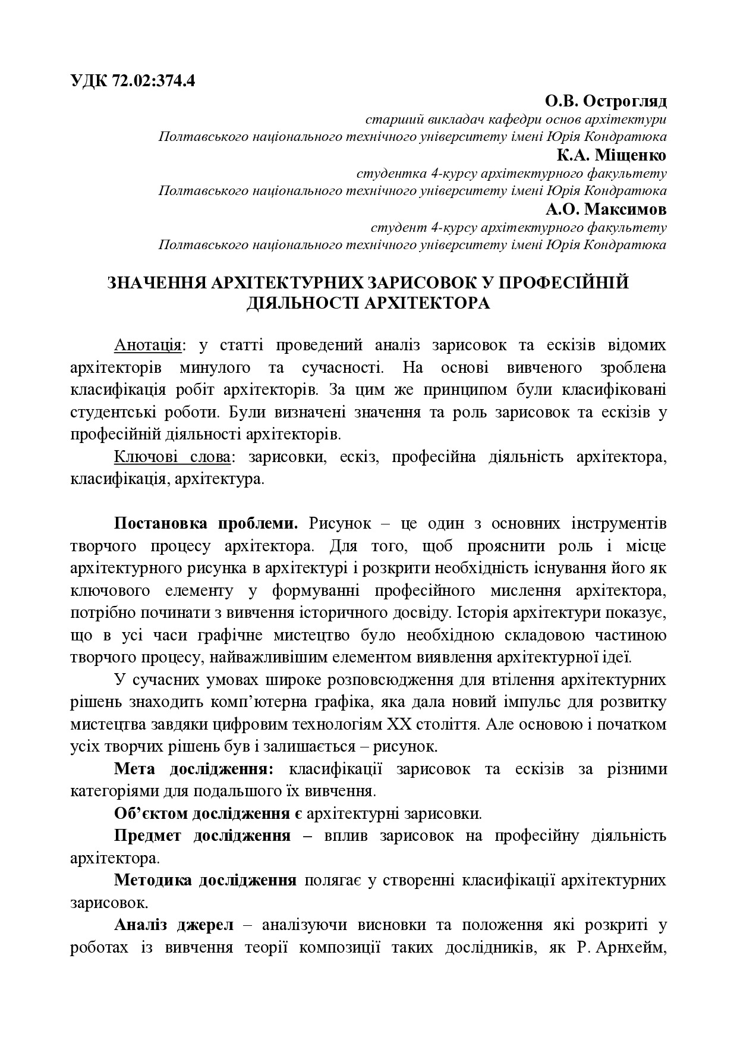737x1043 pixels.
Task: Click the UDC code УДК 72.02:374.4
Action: [x=133, y=81]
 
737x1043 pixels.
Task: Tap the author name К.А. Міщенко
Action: [x=612, y=155]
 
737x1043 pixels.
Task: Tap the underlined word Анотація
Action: [x=147, y=345]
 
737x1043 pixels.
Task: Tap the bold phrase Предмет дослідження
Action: [x=202, y=835]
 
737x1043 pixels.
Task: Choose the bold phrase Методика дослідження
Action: [x=205, y=880]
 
